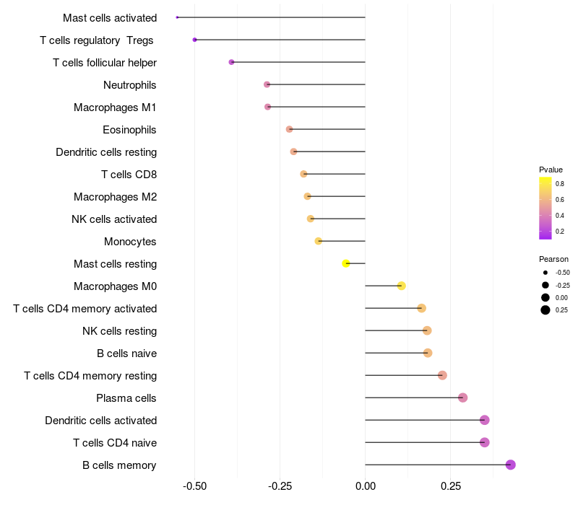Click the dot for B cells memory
pos(510,465)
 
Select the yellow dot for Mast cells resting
pos(346,263)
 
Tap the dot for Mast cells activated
pos(177,17)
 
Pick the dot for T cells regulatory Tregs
pos(195,40)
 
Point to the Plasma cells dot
pos(462,398)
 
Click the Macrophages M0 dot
pos(401,286)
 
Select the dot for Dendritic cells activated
pos(484,420)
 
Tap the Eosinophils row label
pos(130,130)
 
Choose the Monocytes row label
pos(130,242)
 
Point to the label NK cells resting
pos(119,331)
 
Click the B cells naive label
pos(126,353)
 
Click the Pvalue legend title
pos(551,170)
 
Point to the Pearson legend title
pos(553,259)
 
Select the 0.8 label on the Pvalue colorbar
pos(560,184)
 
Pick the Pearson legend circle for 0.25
pos(545,310)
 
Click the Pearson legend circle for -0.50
pos(545,273)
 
